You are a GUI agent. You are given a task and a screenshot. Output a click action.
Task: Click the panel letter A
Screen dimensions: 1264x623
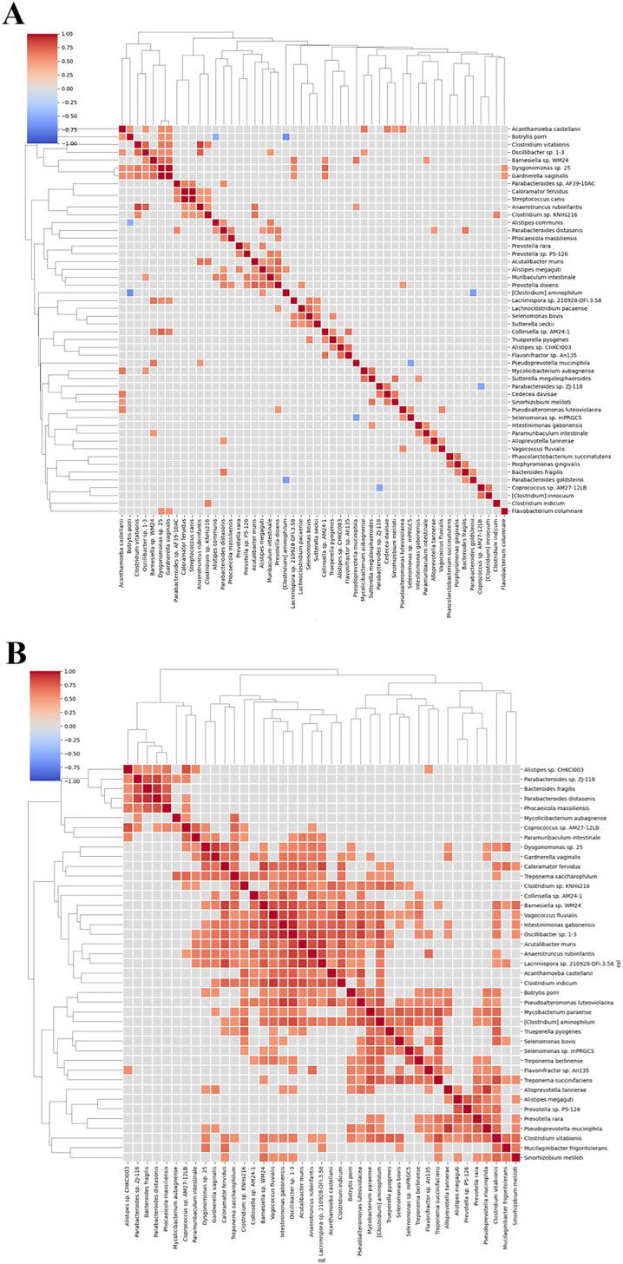(x=13, y=15)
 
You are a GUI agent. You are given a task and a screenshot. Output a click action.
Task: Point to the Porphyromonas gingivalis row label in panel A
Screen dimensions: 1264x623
(x=548, y=464)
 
